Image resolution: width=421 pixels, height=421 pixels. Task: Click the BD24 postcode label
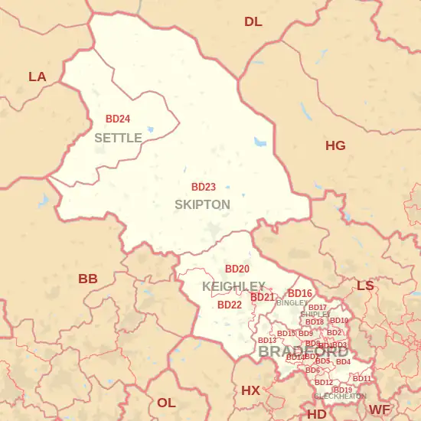pyautogui.click(x=117, y=119)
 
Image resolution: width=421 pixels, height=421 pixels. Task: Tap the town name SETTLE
pyautogui.click(x=118, y=138)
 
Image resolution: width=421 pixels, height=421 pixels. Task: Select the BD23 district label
pyautogui.click(x=203, y=187)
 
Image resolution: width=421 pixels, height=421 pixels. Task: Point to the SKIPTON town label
pyautogui.click(x=202, y=204)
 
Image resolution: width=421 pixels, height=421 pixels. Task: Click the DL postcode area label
pyautogui.click(x=253, y=21)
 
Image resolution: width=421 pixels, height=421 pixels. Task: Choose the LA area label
pyautogui.click(x=37, y=77)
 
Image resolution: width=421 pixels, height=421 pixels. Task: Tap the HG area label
pyautogui.click(x=335, y=145)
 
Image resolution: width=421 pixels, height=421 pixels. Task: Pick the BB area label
pyautogui.click(x=88, y=279)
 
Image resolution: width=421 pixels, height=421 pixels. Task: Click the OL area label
pyautogui.click(x=166, y=403)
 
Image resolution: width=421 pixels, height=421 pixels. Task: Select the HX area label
pyautogui.click(x=250, y=390)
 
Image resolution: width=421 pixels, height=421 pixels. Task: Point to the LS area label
pyautogui.click(x=365, y=286)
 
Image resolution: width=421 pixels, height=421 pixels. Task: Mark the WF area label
pyautogui.click(x=380, y=410)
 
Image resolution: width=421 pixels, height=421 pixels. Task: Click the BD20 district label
pyautogui.click(x=237, y=269)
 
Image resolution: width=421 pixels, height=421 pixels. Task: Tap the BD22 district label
pyautogui.click(x=230, y=305)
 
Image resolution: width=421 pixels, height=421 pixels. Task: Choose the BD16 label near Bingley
pyautogui.click(x=299, y=294)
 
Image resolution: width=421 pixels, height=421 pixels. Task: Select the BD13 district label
pyautogui.click(x=267, y=341)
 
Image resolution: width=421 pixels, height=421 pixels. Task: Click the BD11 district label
pyautogui.click(x=361, y=379)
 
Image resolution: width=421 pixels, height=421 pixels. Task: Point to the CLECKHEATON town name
pyautogui.click(x=340, y=397)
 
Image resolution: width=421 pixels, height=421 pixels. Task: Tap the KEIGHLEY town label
pyautogui.click(x=233, y=286)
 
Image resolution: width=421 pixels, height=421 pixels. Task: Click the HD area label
pyautogui.click(x=316, y=414)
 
